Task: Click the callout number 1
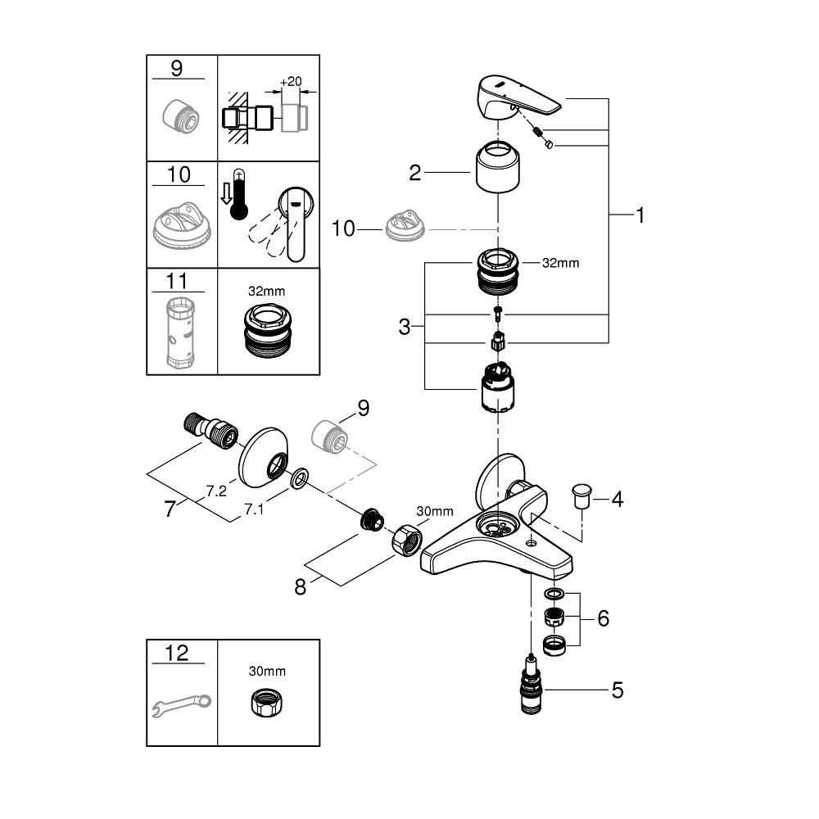640,215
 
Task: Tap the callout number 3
405,328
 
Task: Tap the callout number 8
301,587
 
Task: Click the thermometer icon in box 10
238,196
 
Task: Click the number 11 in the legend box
177,282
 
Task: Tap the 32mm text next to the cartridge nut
561,264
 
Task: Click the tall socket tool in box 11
181,333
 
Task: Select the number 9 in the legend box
177,68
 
